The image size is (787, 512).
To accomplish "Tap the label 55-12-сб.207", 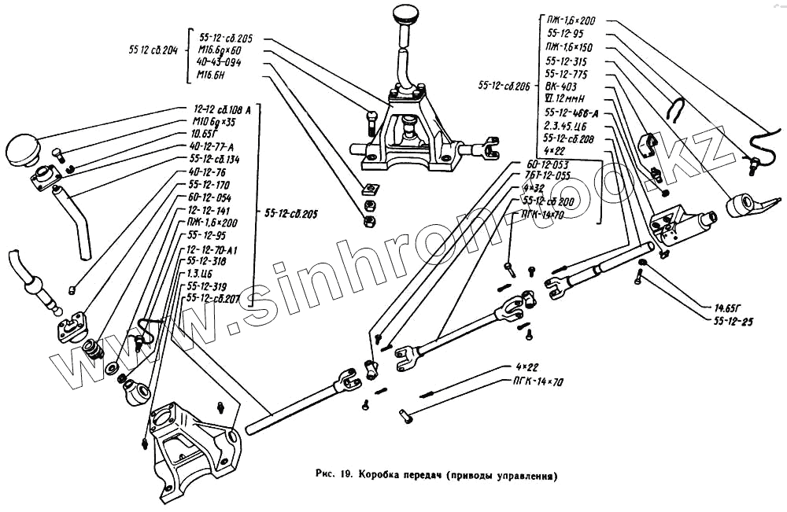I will point(212,299).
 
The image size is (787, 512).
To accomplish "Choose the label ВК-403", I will point(560,87).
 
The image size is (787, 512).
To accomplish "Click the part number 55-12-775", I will point(566,74).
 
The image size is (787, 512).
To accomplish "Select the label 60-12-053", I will point(542,164).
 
